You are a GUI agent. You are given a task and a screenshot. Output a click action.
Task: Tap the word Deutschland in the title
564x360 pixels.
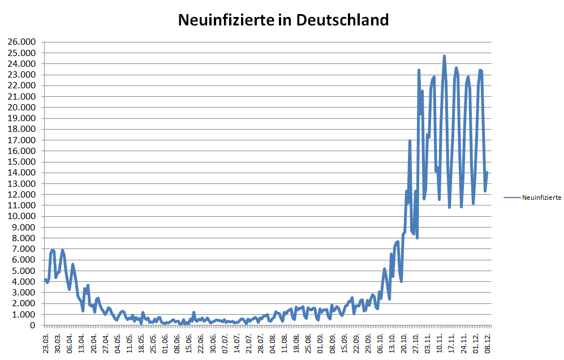tap(342, 20)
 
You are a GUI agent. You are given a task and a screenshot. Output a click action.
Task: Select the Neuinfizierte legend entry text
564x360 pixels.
tap(541, 198)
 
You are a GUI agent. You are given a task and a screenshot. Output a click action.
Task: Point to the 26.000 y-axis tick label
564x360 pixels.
tap(20, 42)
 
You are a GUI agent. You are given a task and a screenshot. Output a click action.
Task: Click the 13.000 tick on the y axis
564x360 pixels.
tap(20, 184)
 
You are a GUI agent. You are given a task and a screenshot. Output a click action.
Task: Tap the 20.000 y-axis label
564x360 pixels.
tap(20, 108)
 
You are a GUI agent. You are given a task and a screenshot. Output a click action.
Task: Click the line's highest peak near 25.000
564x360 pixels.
tap(444, 56)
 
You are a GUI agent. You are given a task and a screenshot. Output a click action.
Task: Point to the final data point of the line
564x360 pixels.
tap(486, 173)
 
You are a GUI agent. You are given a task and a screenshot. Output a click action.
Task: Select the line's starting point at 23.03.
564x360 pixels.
tap(45, 279)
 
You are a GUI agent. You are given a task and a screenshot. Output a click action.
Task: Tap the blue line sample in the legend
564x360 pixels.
tap(511, 198)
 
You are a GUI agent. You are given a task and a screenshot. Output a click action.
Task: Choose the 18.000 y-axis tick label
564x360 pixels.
tap(20, 129)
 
